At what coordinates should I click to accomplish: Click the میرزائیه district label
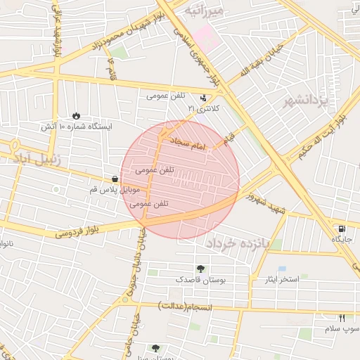pos(205,11)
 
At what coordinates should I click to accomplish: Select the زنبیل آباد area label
pos(35,156)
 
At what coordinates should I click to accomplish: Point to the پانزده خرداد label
pos(243,243)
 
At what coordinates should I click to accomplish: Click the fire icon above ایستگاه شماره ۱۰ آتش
pos(75,115)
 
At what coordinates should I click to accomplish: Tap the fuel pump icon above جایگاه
pos(342,229)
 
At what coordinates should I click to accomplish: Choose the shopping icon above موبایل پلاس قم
pos(115,179)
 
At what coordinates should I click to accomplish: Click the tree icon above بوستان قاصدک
pos(201,269)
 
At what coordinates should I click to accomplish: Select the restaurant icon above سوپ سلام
pos(342,318)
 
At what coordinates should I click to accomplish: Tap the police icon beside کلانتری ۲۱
pos(203,98)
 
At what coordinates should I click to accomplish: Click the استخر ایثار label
pos(278,280)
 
